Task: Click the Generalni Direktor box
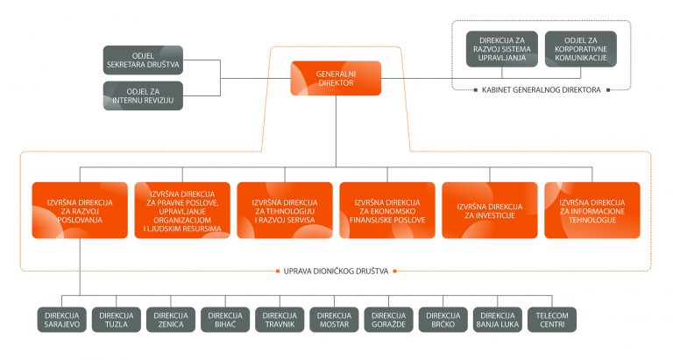[x=336, y=79]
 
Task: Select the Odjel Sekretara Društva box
[x=143, y=60]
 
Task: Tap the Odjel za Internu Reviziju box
[x=143, y=96]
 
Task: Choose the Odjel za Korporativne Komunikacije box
[x=580, y=49]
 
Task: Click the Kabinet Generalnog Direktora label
[x=541, y=89]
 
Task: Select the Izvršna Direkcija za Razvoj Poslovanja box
[x=80, y=210]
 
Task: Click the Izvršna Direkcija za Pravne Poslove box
[x=182, y=210]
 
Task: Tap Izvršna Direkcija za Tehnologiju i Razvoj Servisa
[x=285, y=210]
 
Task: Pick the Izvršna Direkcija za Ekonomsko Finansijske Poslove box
[x=387, y=210]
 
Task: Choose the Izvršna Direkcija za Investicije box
[x=490, y=210]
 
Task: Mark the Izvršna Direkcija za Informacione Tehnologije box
[x=592, y=210]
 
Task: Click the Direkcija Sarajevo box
[x=62, y=319]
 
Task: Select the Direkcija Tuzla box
[x=117, y=319]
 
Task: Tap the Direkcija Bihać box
[x=225, y=319]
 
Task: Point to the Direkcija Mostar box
[x=334, y=319]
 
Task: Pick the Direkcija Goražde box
[x=388, y=319]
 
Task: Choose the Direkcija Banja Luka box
[x=497, y=319]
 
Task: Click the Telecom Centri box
[x=551, y=319]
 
